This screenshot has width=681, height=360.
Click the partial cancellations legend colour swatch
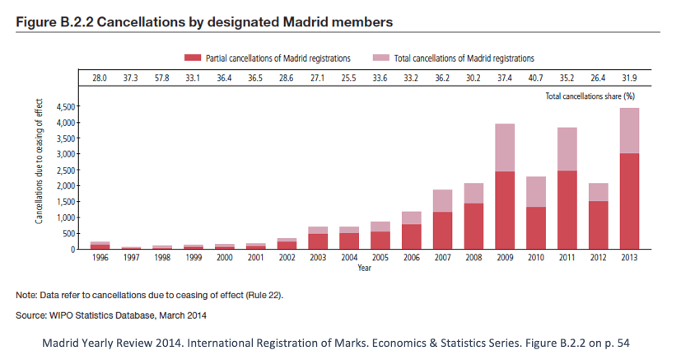pyautogui.click(x=192, y=58)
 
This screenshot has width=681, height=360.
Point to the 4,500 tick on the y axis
pyautogui.click(x=63, y=107)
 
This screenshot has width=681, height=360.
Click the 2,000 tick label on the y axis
pyautogui.click(x=63, y=186)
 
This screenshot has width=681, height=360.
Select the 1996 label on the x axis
pyautogui.click(x=100, y=258)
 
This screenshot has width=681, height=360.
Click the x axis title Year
pyautogui.click(x=362, y=267)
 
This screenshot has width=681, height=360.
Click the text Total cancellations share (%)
pyautogui.click(x=590, y=96)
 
